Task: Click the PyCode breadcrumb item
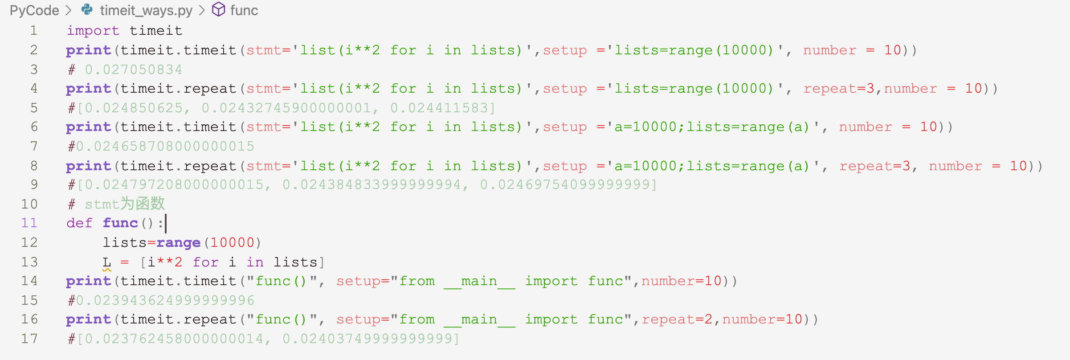point(34,10)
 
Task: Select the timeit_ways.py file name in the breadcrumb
point(146,10)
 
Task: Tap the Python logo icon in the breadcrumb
point(87,9)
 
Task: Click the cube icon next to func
point(218,9)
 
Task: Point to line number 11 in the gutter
point(29,223)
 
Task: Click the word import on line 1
point(93,31)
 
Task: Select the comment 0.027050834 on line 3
point(133,70)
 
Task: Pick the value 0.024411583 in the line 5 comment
point(442,108)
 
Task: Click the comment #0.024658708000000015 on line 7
point(161,146)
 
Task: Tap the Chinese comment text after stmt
point(143,204)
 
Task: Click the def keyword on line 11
point(79,223)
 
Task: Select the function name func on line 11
point(120,223)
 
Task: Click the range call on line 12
point(178,243)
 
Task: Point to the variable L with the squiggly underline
point(106,262)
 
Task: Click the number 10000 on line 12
point(232,243)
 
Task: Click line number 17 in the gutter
point(29,339)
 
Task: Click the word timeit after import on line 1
point(156,31)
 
